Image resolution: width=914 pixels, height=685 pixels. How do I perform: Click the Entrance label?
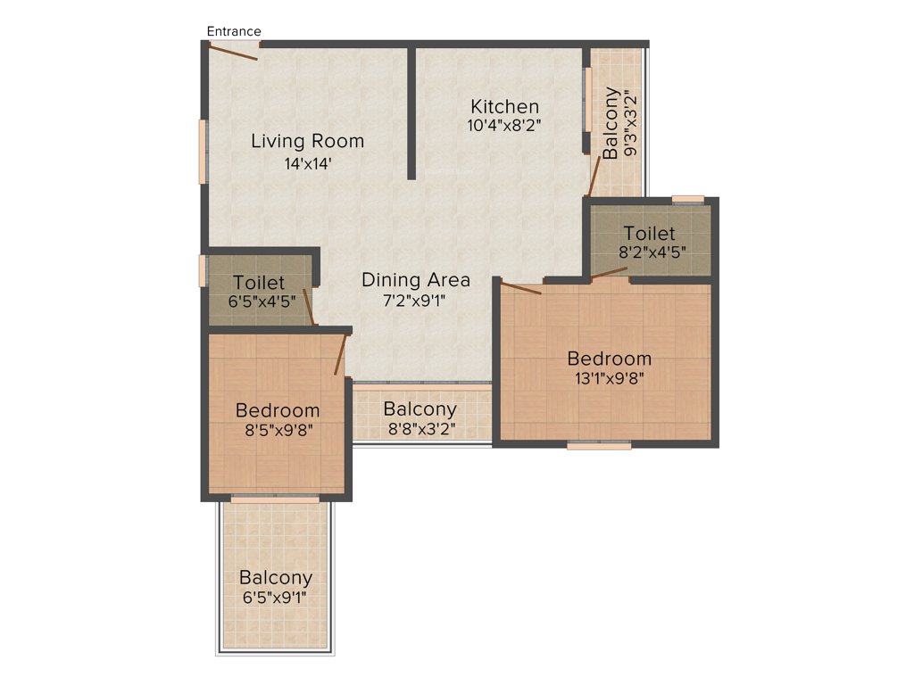tap(234, 31)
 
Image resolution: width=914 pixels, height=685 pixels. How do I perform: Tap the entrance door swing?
tap(234, 52)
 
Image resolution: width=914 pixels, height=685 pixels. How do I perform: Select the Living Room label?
tap(307, 141)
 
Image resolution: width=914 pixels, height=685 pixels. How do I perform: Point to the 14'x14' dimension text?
tap(308, 163)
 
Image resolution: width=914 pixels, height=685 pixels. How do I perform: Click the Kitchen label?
tap(505, 106)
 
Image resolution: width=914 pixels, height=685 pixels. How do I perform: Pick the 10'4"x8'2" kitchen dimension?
tap(504, 126)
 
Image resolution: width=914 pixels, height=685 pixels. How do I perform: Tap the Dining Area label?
tap(415, 280)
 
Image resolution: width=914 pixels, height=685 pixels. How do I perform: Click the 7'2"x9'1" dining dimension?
tap(415, 301)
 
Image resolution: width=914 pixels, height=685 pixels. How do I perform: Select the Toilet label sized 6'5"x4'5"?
tap(259, 283)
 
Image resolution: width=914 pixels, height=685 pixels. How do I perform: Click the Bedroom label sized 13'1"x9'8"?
tap(610, 359)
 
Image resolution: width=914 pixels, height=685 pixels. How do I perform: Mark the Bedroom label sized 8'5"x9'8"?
tap(278, 410)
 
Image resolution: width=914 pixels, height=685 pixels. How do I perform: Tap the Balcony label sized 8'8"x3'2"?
tap(420, 409)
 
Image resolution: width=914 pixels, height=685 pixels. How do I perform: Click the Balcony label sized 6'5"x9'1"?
tap(276, 578)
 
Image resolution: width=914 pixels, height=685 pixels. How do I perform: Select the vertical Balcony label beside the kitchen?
tap(611, 123)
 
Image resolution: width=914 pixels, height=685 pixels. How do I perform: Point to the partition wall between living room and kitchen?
tap(412, 111)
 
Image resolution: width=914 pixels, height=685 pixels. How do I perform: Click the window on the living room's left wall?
tap(203, 152)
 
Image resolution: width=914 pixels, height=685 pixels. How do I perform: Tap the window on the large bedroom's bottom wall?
tap(599, 444)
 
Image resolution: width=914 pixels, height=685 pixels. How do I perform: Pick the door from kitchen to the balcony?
tap(594, 176)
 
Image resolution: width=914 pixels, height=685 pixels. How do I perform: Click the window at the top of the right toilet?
tap(687, 199)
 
